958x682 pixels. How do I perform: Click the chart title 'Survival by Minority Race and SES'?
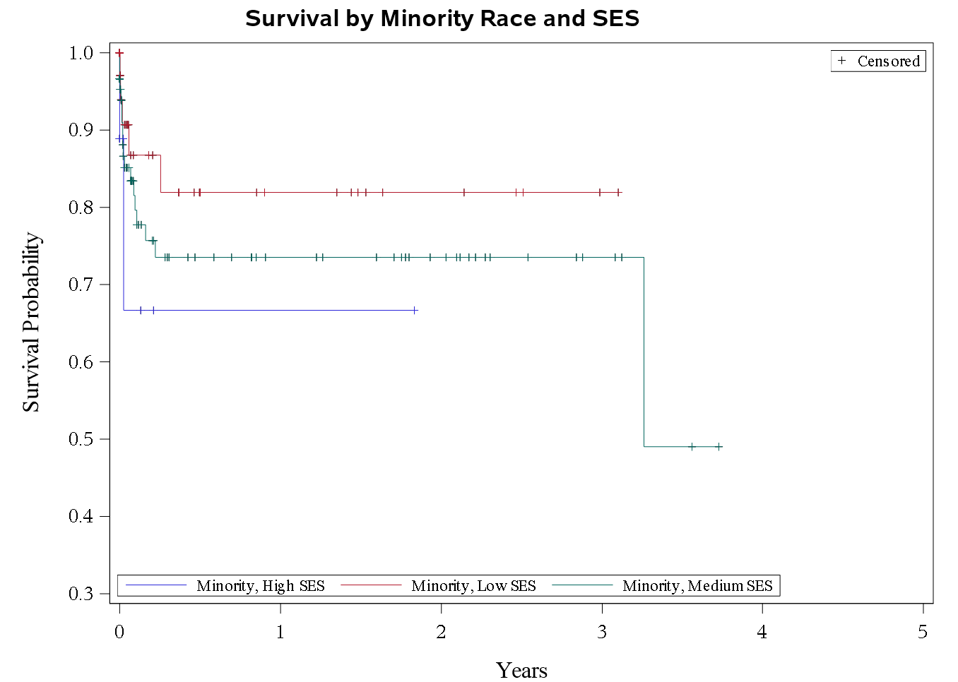tap(442, 18)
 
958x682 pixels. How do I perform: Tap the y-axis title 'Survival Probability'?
tap(31, 322)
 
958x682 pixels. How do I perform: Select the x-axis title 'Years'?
tap(521, 669)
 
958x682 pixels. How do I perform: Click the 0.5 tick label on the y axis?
tap(81, 439)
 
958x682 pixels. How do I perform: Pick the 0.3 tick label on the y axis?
tap(81, 594)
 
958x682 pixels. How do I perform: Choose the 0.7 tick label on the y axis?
tap(81, 285)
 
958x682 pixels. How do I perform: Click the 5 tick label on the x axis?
tap(923, 632)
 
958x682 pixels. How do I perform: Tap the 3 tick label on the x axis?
tap(602, 632)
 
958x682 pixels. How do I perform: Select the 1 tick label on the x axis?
tap(280, 632)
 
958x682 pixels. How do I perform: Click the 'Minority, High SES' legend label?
tap(261, 586)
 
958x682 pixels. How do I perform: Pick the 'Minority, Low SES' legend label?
tap(473, 586)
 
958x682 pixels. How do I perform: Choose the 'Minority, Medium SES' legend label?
tap(697, 586)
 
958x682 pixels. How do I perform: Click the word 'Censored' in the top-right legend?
tap(888, 61)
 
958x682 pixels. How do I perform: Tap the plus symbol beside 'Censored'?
tap(841, 61)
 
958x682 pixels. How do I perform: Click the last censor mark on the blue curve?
tap(415, 310)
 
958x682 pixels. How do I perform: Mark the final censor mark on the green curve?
tap(718, 446)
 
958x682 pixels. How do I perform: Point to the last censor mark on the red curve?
tap(619, 192)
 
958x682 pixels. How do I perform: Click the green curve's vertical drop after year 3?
tap(644, 353)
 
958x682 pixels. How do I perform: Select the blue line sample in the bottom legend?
tap(156, 585)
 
